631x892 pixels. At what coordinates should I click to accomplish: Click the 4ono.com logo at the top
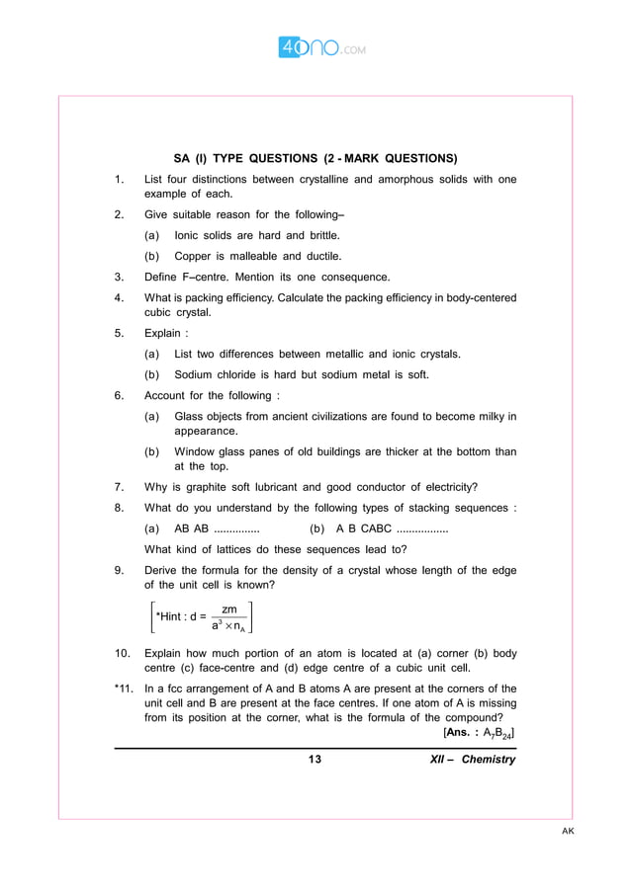315,46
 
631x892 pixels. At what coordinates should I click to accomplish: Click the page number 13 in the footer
315,760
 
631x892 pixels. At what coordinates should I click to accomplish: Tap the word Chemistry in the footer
489,760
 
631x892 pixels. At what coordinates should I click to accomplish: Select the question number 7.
119,486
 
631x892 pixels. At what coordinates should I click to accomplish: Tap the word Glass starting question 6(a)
191,417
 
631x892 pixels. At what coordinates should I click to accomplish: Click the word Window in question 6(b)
197,451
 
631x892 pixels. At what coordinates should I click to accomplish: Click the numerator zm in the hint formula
229,609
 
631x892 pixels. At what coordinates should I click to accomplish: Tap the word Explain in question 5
164,333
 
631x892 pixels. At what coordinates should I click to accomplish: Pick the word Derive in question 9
163,570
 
